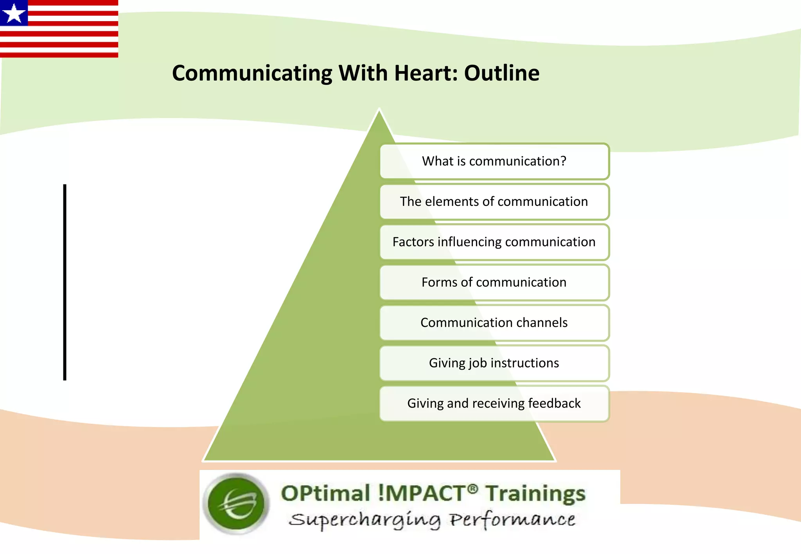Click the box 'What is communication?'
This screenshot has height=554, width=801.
click(x=494, y=161)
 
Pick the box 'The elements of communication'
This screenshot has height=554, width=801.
click(x=494, y=202)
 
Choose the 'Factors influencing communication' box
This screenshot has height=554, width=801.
click(x=494, y=242)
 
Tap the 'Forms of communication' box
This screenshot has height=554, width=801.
click(x=494, y=282)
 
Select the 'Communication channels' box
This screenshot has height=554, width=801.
click(x=494, y=323)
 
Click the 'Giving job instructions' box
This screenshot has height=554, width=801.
click(x=494, y=363)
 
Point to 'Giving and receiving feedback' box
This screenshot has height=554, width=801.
click(x=494, y=403)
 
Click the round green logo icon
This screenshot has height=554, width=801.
click(x=237, y=503)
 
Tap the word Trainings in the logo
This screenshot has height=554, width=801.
click(x=535, y=493)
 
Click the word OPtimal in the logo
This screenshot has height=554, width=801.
click(x=325, y=493)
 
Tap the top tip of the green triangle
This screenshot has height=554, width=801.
click(x=379, y=110)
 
